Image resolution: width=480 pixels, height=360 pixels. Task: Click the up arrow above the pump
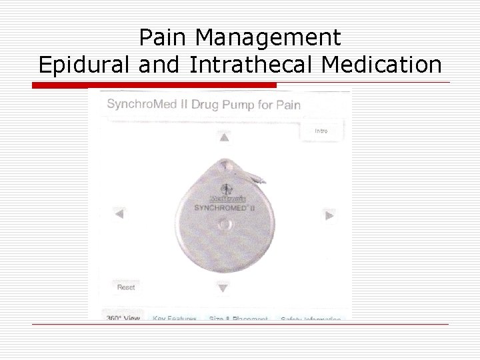pyautogui.click(x=225, y=137)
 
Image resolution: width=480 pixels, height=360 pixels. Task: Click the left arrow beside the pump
pyautogui.click(x=119, y=214)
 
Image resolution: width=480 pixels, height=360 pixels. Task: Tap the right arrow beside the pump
pyautogui.click(x=329, y=214)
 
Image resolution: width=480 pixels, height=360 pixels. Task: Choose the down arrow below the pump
pyautogui.click(x=223, y=288)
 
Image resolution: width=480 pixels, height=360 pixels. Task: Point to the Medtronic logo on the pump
pyautogui.click(x=227, y=198)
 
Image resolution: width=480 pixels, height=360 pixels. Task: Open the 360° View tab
pyautogui.click(x=123, y=318)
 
